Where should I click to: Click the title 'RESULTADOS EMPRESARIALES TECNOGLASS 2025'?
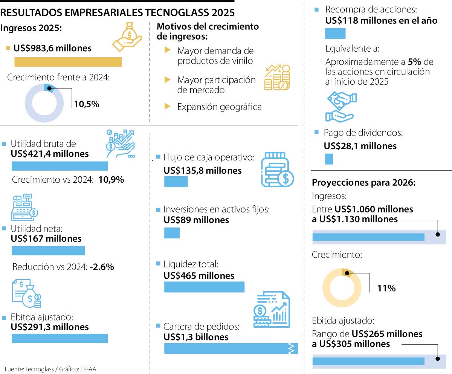coord(118,12)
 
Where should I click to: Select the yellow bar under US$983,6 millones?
coord(68,62)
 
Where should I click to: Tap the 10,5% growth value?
coord(87,104)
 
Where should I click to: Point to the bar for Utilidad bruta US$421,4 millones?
coord(60,166)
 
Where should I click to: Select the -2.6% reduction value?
coord(102,267)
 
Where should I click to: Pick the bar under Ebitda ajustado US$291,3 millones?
coord(60,338)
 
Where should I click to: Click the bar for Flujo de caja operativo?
coord(176,182)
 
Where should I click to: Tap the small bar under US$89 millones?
coord(172,233)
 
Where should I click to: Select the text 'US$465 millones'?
coord(199,276)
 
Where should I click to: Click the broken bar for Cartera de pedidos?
coord(231,348)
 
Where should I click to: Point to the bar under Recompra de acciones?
coord(335,34)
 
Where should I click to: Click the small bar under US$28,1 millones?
coord(329,159)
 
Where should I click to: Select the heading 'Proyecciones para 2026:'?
coord(363,183)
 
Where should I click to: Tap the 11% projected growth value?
coord(386,289)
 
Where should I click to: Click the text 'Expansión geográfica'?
coord(219,107)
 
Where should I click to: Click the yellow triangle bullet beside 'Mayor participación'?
coord(168,79)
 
